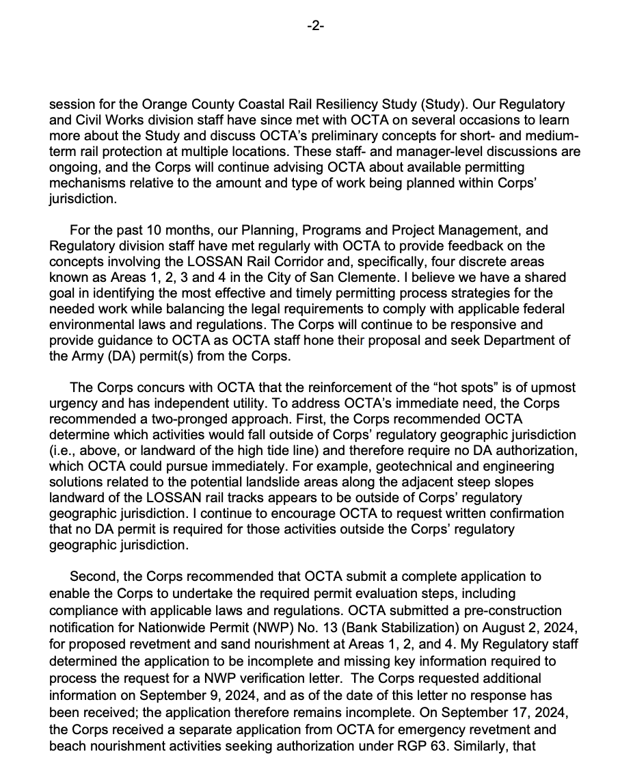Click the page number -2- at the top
coord(316,26)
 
